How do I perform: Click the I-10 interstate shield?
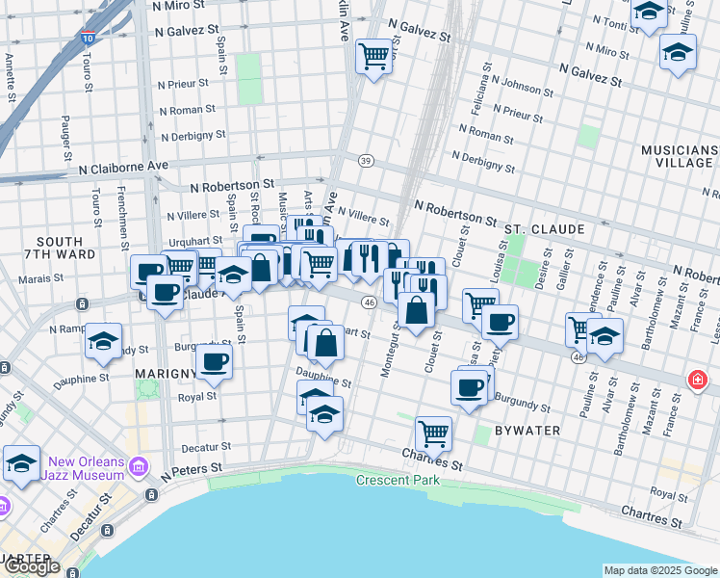pos(88,38)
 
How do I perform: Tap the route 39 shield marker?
pos(365,160)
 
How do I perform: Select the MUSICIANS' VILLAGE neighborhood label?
pos(681,157)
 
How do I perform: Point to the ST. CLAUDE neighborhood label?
pos(545,229)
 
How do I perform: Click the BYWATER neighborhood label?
pos(527,430)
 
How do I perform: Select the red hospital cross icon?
pos(696,381)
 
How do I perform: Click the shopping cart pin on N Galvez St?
pos(373,56)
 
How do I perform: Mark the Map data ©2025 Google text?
pos(659,570)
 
